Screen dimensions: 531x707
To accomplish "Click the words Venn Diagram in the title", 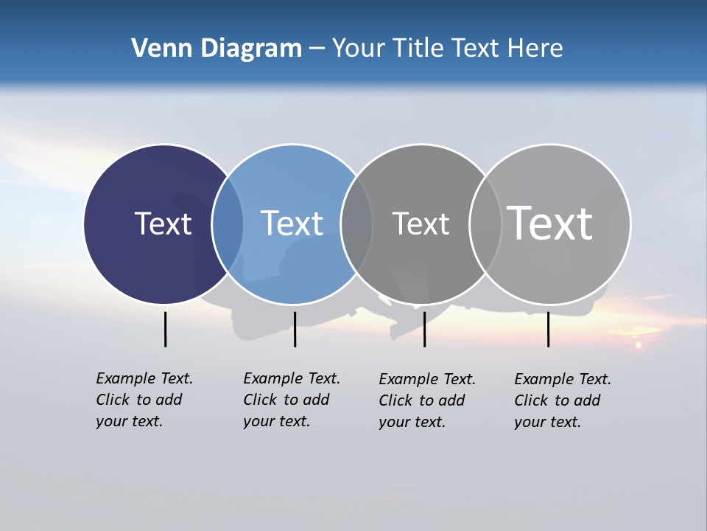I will point(217,49).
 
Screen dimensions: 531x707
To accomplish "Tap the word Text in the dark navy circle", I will point(163,223).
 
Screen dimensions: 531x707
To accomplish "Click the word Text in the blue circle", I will point(292,223).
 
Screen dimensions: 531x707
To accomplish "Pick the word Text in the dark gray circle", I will point(421,223).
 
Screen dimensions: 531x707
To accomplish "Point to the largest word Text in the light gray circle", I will point(550,223).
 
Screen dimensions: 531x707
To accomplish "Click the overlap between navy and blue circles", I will point(228,224).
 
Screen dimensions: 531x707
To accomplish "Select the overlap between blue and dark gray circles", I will point(356,224).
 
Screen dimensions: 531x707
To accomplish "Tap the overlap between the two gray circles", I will point(485,224).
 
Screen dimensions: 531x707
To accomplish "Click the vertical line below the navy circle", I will point(165,329).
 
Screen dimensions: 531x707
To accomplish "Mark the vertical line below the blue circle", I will point(295,329).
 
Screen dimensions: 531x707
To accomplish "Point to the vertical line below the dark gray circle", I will point(424,329).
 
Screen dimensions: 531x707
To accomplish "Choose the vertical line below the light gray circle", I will point(548,329).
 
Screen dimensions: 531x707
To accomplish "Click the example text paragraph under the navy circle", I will point(144,400).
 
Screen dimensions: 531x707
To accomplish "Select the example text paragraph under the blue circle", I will point(292,400).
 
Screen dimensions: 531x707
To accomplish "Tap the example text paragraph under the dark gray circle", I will point(427,400).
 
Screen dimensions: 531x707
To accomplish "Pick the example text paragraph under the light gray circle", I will point(563,400).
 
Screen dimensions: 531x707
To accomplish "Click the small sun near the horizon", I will point(638,344).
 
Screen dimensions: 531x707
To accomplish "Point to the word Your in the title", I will point(359,49).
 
